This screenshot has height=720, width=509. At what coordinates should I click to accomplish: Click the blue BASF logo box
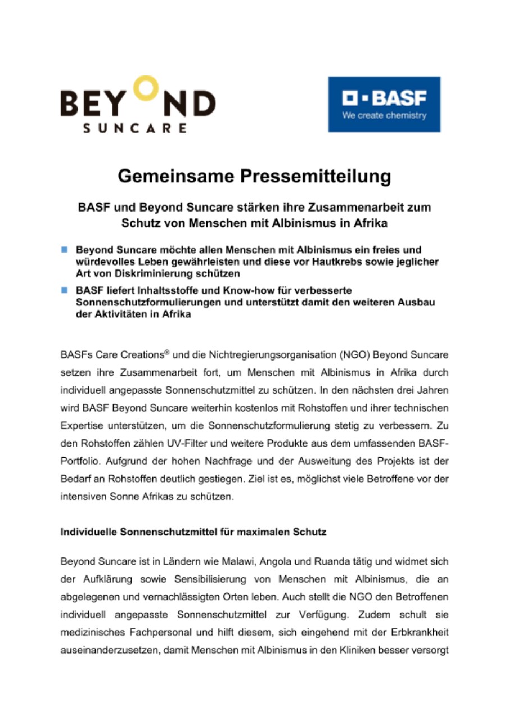click(x=384, y=104)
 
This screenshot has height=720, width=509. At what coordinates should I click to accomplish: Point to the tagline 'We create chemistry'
click(x=384, y=116)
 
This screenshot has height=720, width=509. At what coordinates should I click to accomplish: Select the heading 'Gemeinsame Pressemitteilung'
click(x=254, y=177)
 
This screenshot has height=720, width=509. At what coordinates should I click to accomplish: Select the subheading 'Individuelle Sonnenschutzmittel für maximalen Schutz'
click(x=193, y=531)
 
